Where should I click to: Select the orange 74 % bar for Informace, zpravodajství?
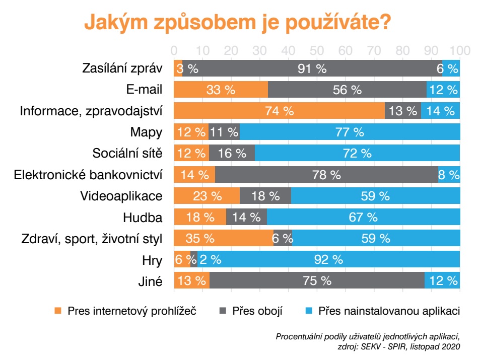click(279, 111)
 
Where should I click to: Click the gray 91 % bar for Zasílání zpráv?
click(312, 69)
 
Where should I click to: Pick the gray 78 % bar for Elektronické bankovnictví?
click(326, 175)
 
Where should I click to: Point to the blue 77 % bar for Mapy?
click(350, 132)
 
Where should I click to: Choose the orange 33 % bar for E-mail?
click(221, 90)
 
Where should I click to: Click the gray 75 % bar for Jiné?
click(317, 280)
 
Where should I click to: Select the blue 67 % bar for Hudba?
click(363, 218)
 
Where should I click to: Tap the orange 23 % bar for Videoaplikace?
click(207, 196)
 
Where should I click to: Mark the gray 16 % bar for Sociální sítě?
click(232, 154)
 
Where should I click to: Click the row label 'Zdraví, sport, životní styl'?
click(91, 239)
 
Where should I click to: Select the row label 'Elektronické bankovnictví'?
click(88, 175)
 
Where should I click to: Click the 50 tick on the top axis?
click(317, 51)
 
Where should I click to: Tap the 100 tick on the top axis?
click(459, 51)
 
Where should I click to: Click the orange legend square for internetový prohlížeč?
click(58, 311)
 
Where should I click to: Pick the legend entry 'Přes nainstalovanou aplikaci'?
click(389, 311)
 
